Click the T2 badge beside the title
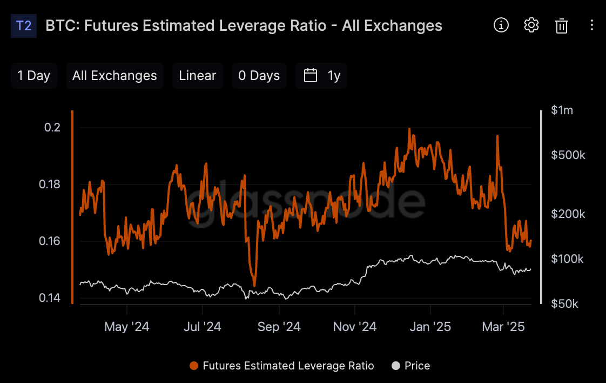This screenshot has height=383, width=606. [24, 26]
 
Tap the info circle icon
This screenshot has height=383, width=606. [501, 25]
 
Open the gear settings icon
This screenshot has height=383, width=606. [531, 25]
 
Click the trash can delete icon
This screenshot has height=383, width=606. [561, 26]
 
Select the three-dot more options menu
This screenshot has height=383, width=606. [592, 25]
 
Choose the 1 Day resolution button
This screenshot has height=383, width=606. [33, 76]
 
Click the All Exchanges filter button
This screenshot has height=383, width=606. [115, 76]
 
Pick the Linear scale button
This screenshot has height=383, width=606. [198, 76]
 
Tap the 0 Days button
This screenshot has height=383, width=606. [259, 76]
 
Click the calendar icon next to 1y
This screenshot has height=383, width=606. [311, 76]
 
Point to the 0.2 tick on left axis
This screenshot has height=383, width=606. [52, 128]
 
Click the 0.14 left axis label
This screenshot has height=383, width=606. [50, 298]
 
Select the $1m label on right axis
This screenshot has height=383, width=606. [562, 110]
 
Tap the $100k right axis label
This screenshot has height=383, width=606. [567, 259]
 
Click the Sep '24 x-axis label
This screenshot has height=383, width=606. [279, 327]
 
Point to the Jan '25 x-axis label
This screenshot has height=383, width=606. [430, 327]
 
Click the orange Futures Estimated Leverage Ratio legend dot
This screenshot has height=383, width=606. [194, 366]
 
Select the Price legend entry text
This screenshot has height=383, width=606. [417, 366]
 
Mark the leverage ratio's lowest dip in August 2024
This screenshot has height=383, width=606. [254, 286]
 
